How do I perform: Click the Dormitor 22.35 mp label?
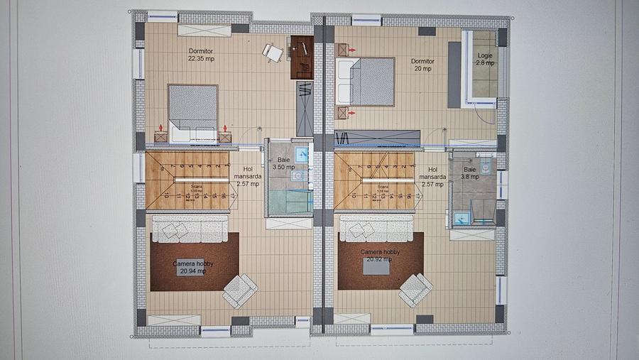point(201,55)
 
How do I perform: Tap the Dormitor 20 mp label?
point(422,65)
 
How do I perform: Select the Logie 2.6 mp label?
point(486,59)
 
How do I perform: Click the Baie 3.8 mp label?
point(470,173)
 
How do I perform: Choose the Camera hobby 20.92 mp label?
point(380,256)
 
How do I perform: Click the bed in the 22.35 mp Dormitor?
point(192,112)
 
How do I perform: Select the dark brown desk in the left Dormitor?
point(302,57)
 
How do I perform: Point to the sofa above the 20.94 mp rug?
point(190,229)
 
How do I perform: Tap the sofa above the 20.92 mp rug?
point(376,228)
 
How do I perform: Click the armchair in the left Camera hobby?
point(239,290)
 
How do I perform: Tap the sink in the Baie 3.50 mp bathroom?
point(302,153)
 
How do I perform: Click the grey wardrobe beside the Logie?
point(454,75)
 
